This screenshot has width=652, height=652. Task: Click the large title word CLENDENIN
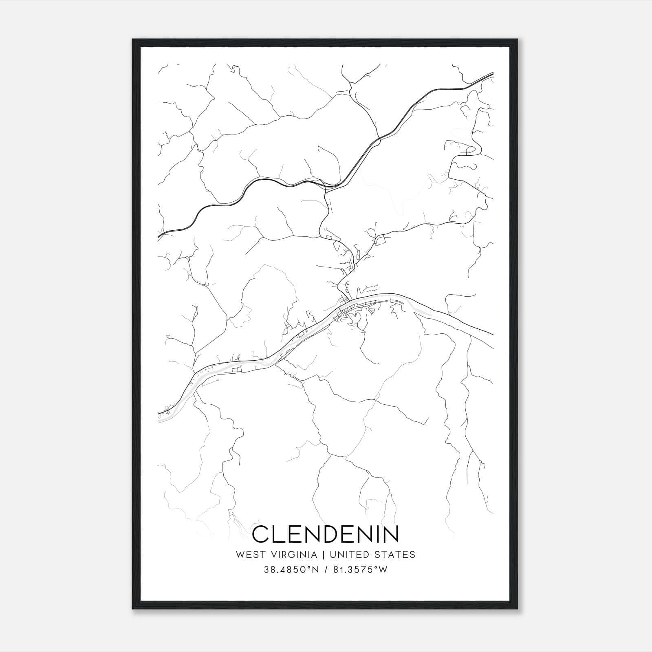point(326,534)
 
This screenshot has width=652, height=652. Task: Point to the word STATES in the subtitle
point(398,555)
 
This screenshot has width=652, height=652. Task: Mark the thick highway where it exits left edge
point(159,236)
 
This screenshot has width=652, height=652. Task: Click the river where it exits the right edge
point(492,335)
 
